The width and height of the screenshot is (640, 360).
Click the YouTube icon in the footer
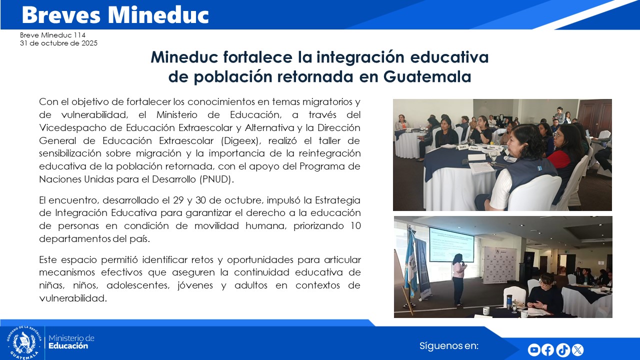(x=534, y=350)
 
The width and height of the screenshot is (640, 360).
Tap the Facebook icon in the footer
(x=548, y=350)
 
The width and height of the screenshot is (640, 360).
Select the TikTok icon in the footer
(x=562, y=350)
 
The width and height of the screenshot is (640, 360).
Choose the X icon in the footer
(x=577, y=350)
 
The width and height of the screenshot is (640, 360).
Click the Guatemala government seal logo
(x=23, y=342)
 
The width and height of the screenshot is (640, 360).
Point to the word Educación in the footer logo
(x=68, y=346)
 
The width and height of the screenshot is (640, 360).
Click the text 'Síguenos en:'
(x=449, y=345)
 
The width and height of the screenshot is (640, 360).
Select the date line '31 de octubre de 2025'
(x=58, y=43)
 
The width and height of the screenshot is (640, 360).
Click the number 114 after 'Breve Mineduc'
(x=79, y=35)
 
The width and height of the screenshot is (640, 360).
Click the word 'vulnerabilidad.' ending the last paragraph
(x=73, y=298)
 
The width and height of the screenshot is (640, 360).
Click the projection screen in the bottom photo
(x=451, y=244)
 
